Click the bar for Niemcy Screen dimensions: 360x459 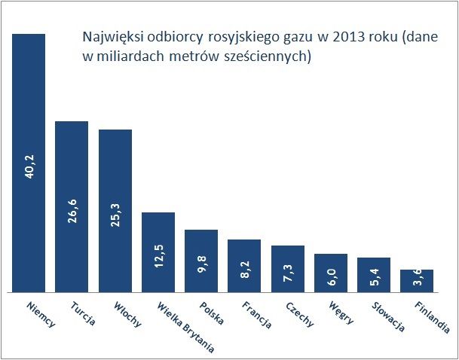pyautogui.click(x=29, y=113)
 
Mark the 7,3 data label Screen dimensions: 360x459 pyautogui.click(x=287, y=273)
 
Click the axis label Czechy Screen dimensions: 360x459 pyautogui.click(x=298, y=314)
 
